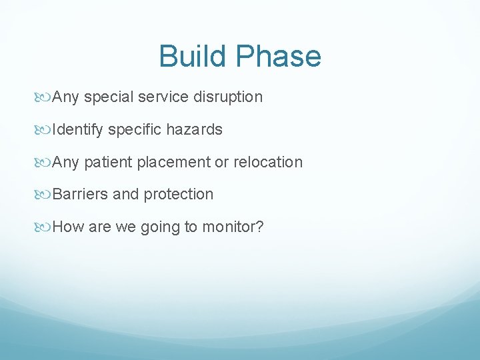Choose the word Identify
click(x=77, y=130)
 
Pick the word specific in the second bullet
click(x=133, y=130)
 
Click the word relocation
click(x=267, y=163)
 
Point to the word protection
click(x=178, y=195)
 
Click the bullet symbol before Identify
click(x=45, y=130)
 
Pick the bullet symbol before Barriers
click(x=45, y=195)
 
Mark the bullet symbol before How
click(x=45, y=227)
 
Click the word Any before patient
click(x=65, y=163)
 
